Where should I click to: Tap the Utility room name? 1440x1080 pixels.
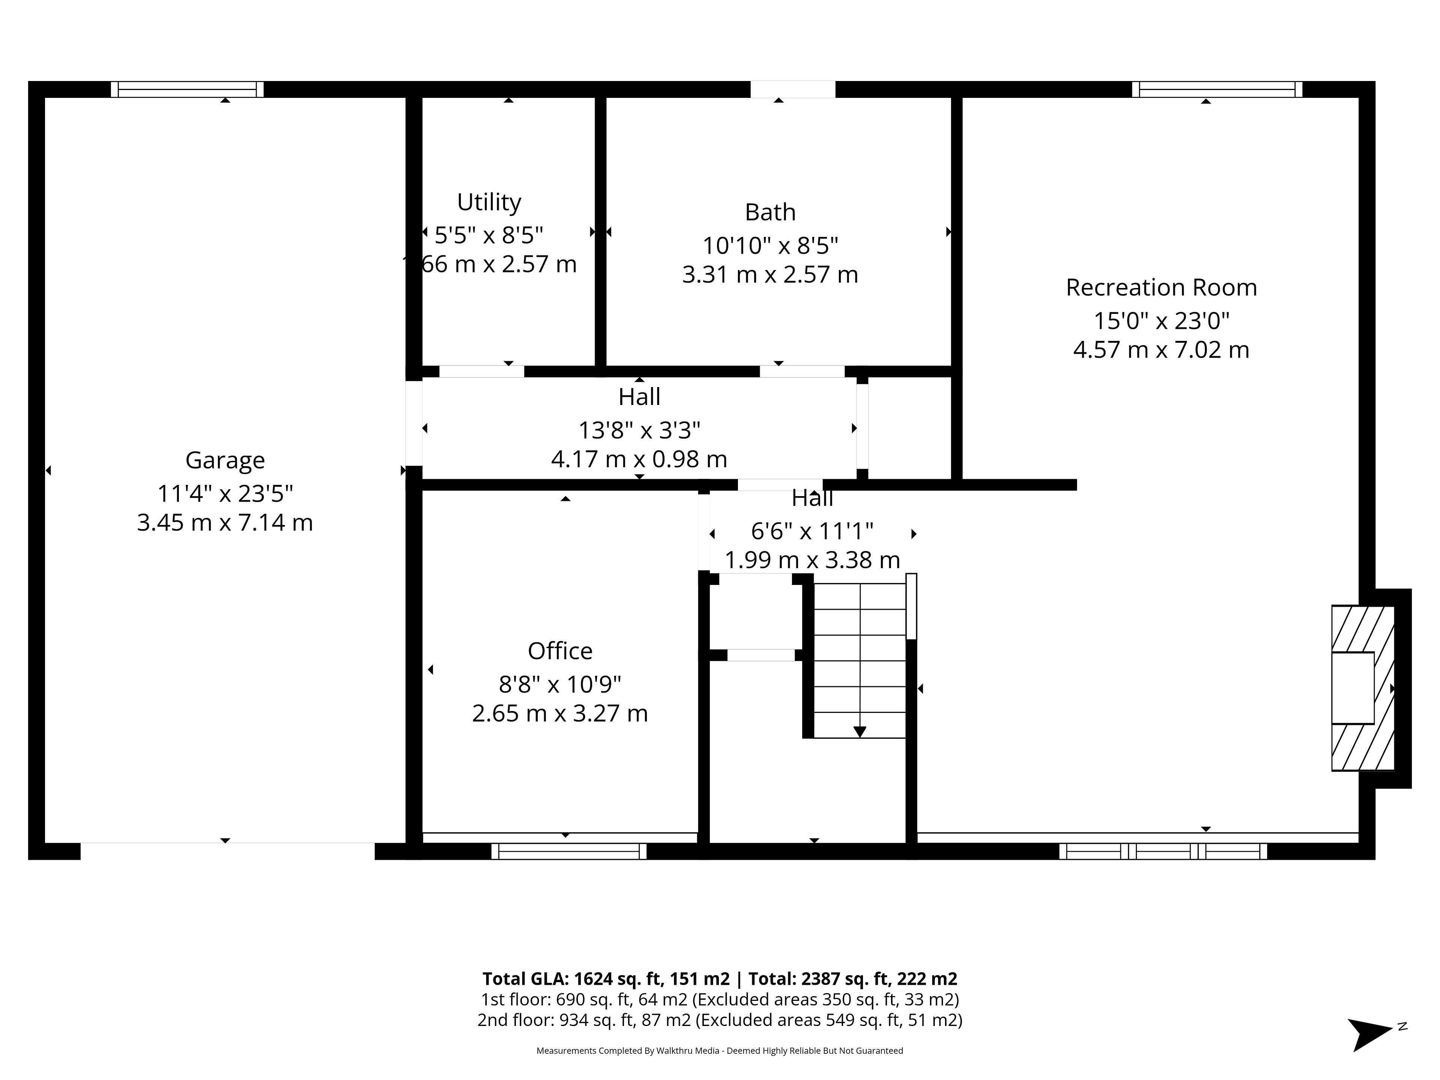[x=489, y=202]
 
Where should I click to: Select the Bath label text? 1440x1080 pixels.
[x=770, y=212]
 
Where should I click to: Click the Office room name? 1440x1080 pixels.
[x=560, y=651]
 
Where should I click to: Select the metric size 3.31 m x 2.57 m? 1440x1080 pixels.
[x=770, y=275]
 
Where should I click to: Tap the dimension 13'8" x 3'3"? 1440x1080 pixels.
[x=639, y=430]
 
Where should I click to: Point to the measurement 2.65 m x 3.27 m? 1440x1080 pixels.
[x=560, y=714]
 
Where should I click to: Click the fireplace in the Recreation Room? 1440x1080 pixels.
[x=1362, y=688]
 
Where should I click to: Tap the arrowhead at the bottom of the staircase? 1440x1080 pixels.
[x=859, y=732]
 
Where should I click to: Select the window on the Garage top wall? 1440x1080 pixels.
[x=187, y=89]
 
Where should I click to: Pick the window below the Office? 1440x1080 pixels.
[x=569, y=852]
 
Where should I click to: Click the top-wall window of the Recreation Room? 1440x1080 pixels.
[x=1217, y=89]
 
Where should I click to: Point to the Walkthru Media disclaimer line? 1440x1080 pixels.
[x=719, y=1051]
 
